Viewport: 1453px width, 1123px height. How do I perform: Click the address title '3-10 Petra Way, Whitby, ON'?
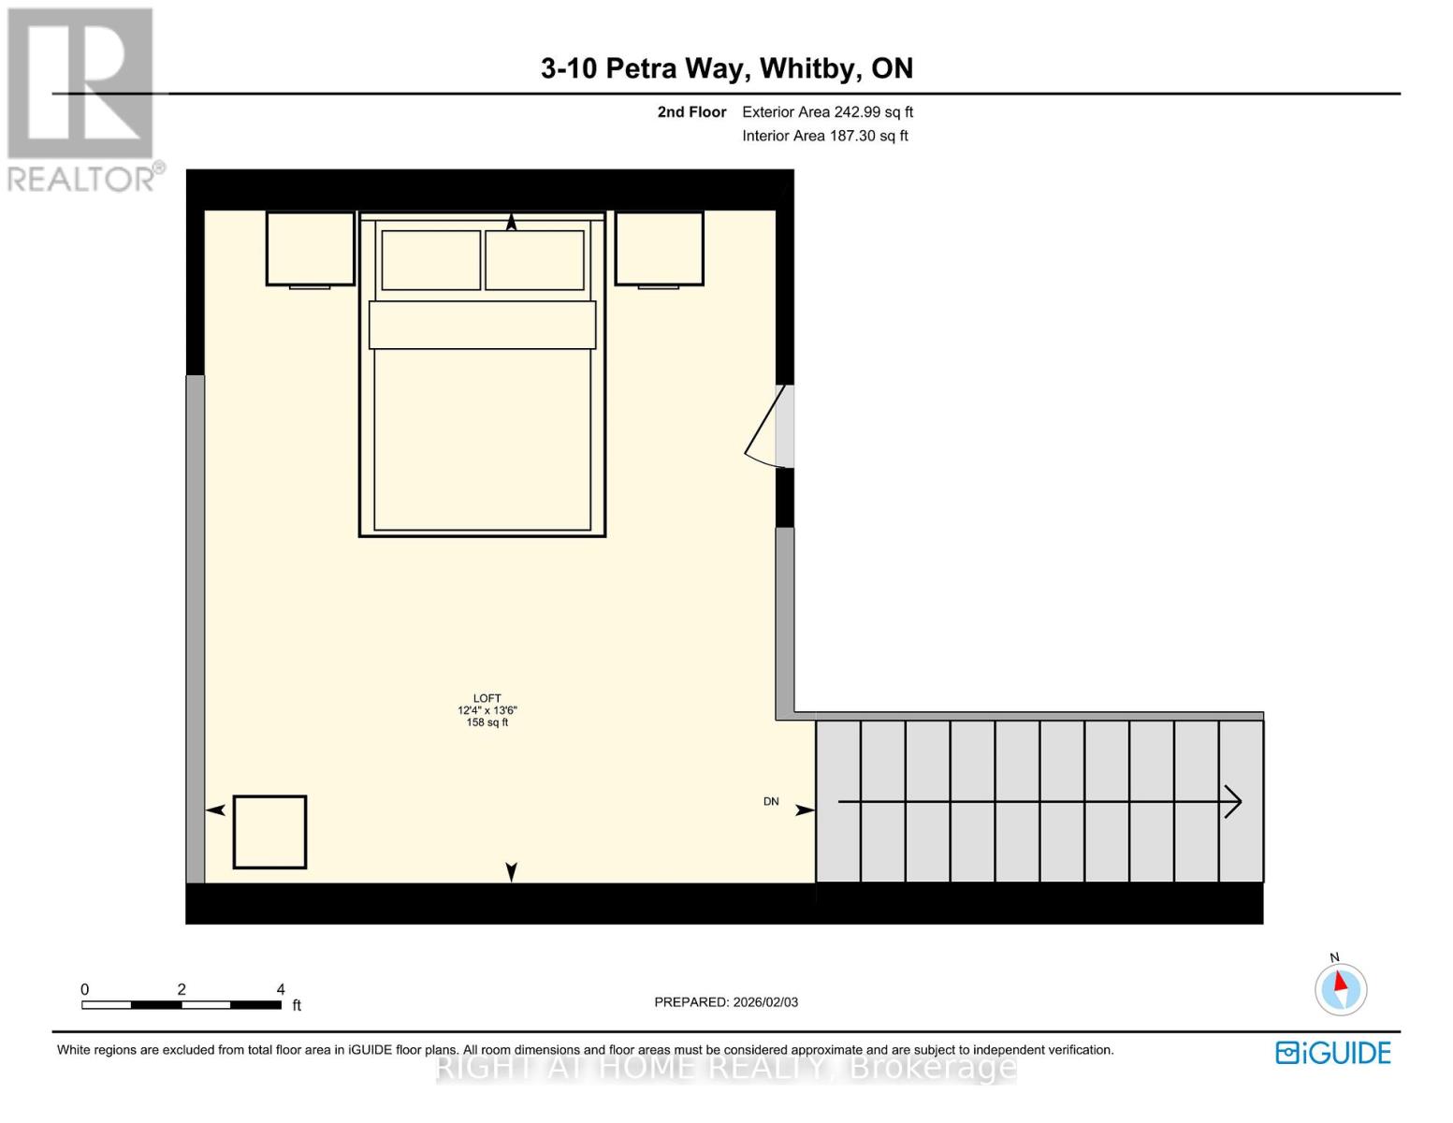[726, 68]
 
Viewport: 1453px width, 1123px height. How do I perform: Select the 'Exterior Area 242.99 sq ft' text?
[827, 112]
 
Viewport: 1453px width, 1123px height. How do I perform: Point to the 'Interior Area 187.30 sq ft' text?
[824, 136]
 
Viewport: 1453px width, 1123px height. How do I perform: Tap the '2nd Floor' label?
[691, 112]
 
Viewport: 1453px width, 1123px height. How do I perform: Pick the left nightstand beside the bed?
[310, 248]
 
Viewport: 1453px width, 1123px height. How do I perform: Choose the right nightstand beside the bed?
[659, 248]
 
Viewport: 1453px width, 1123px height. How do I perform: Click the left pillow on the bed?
[430, 259]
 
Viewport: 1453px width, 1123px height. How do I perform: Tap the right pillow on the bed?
[534, 259]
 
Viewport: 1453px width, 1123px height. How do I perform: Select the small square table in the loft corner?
[269, 832]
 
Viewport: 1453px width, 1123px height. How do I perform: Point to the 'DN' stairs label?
[771, 802]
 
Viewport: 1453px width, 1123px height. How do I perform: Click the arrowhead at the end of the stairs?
[1233, 802]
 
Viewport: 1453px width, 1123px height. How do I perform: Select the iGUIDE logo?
[1333, 1053]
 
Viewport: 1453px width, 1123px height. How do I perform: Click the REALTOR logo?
[82, 98]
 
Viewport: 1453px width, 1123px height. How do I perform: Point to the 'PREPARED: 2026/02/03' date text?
[726, 1002]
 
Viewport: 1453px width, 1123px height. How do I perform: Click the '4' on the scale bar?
[281, 989]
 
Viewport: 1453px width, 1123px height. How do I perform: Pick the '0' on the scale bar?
[85, 989]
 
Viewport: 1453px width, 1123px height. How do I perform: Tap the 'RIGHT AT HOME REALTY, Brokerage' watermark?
[726, 1068]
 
